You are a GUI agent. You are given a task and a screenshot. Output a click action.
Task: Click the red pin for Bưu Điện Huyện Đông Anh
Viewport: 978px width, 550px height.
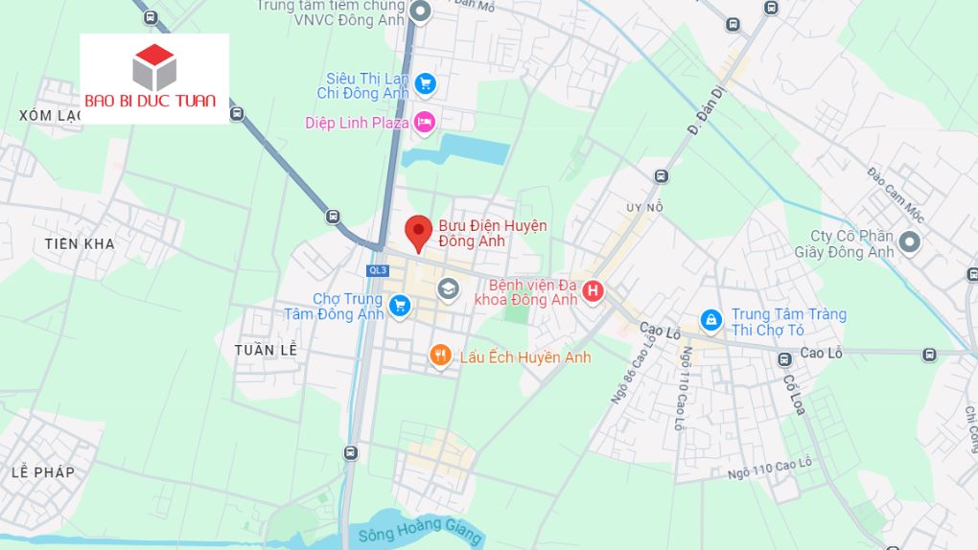(417, 231)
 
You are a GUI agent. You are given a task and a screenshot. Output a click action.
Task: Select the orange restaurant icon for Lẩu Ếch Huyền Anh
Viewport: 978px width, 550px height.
(440, 356)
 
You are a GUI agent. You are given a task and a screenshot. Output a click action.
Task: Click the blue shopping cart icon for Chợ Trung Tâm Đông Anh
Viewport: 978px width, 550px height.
(400, 307)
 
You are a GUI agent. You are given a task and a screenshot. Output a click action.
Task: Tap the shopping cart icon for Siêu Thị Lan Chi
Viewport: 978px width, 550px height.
(426, 84)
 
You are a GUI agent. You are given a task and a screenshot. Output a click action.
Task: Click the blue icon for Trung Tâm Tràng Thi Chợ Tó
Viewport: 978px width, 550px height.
(710, 317)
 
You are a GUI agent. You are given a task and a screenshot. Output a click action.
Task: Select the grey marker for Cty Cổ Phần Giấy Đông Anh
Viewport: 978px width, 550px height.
(910, 243)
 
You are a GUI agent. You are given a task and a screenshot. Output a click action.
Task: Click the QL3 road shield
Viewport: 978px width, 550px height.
(377, 270)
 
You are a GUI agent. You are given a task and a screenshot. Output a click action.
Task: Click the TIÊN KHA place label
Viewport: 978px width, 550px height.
(80, 243)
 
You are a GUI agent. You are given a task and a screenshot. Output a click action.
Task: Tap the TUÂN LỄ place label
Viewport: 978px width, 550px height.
(267, 350)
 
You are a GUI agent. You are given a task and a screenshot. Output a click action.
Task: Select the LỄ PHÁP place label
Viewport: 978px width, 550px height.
(43, 472)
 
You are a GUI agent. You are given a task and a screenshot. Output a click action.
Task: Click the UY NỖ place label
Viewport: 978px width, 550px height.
(644, 207)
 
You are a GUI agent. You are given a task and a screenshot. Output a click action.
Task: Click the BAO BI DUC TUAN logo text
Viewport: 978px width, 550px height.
(151, 101)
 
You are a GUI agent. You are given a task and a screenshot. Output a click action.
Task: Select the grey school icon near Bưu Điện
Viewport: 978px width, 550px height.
(448, 287)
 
